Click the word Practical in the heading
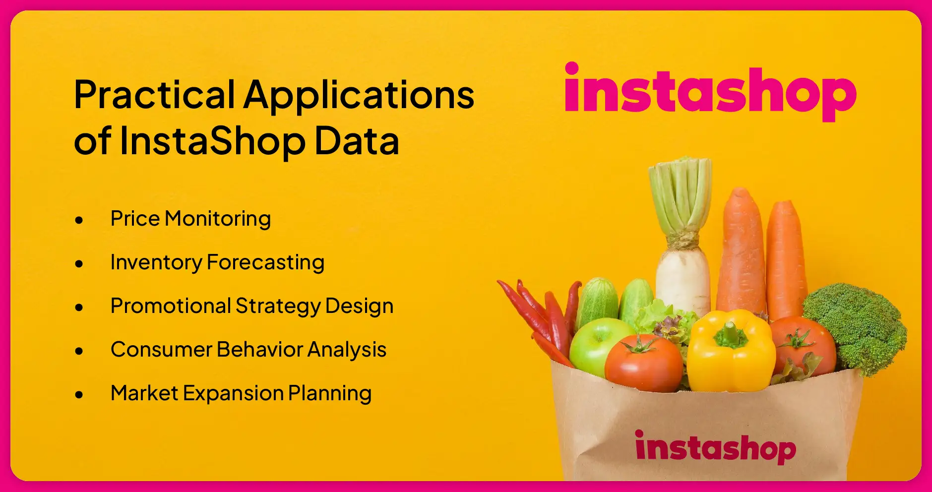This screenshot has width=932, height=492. [154, 95]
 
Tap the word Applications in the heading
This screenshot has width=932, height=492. [359, 95]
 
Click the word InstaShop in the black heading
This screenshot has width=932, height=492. [212, 141]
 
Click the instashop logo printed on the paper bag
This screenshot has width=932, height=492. [715, 447]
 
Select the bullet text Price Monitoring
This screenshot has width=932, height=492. [190, 219]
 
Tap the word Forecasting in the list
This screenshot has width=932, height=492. [265, 262]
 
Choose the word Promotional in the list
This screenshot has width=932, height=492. [170, 306]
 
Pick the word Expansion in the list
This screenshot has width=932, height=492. [233, 393]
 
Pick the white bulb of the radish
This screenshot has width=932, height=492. [683, 278]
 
